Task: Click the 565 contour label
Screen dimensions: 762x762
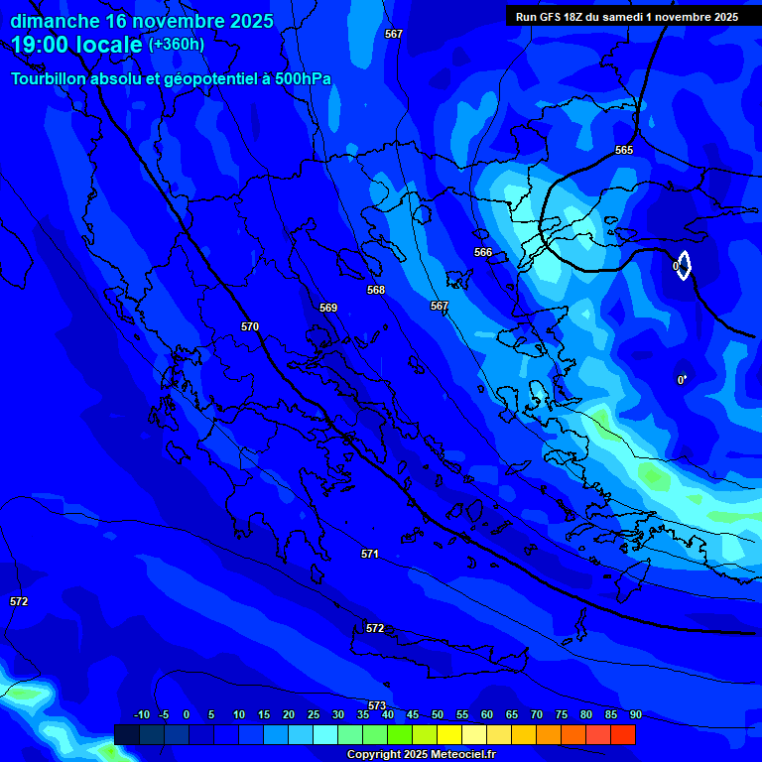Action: pyautogui.click(x=623, y=150)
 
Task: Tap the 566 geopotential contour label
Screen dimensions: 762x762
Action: pyautogui.click(x=483, y=252)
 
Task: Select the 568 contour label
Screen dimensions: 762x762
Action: pyautogui.click(x=376, y=290)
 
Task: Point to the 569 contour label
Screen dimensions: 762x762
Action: pyautogui.click(x=328, y=308)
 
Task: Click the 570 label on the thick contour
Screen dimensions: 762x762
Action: pyautogui.click(x=250, y=326)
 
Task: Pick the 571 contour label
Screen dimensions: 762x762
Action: pyautogui.click(x=370, y=554)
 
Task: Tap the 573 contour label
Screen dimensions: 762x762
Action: pyautogui.click(x=377, y=705)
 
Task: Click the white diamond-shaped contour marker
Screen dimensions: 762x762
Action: pyautogui.click(x=684, y=265)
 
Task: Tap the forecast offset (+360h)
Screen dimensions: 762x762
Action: pyautogui.click(x=177, y=45)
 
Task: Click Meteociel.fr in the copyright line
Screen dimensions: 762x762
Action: pyautogui.click(x=463, y=755)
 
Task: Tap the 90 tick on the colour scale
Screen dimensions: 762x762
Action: pyautogui.click(x=635, y=714)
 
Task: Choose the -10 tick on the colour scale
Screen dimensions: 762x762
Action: pyautogui.click(x=142, y=714)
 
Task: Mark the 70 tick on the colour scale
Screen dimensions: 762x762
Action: pyautogui.click(x=536, y=714)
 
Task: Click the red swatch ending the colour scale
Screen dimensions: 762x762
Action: pyautogui.click(x=622, y=734)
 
